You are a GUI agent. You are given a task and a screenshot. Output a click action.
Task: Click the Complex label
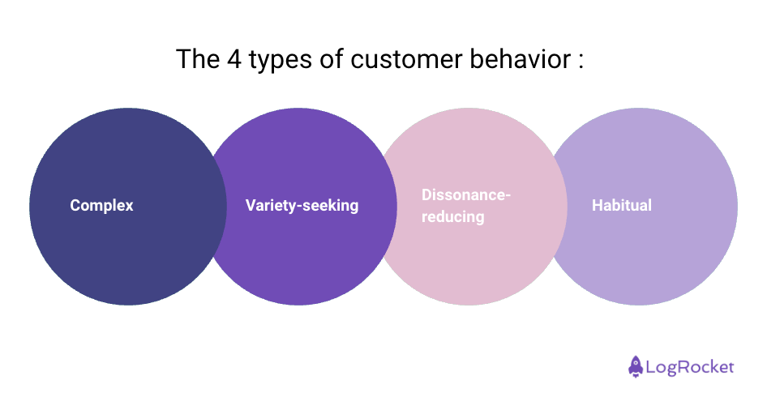(x=101, y=206)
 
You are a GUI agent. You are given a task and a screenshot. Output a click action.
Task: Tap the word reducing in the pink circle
(x=452, y=217)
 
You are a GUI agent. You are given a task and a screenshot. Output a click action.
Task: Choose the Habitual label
(x=621, y=206)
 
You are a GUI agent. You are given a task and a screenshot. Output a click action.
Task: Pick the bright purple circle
(x=300, y=259)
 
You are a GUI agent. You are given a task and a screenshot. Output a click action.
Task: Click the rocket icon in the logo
(x=636, y=366)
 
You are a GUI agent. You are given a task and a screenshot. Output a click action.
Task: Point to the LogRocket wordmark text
(x=690, y=367)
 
